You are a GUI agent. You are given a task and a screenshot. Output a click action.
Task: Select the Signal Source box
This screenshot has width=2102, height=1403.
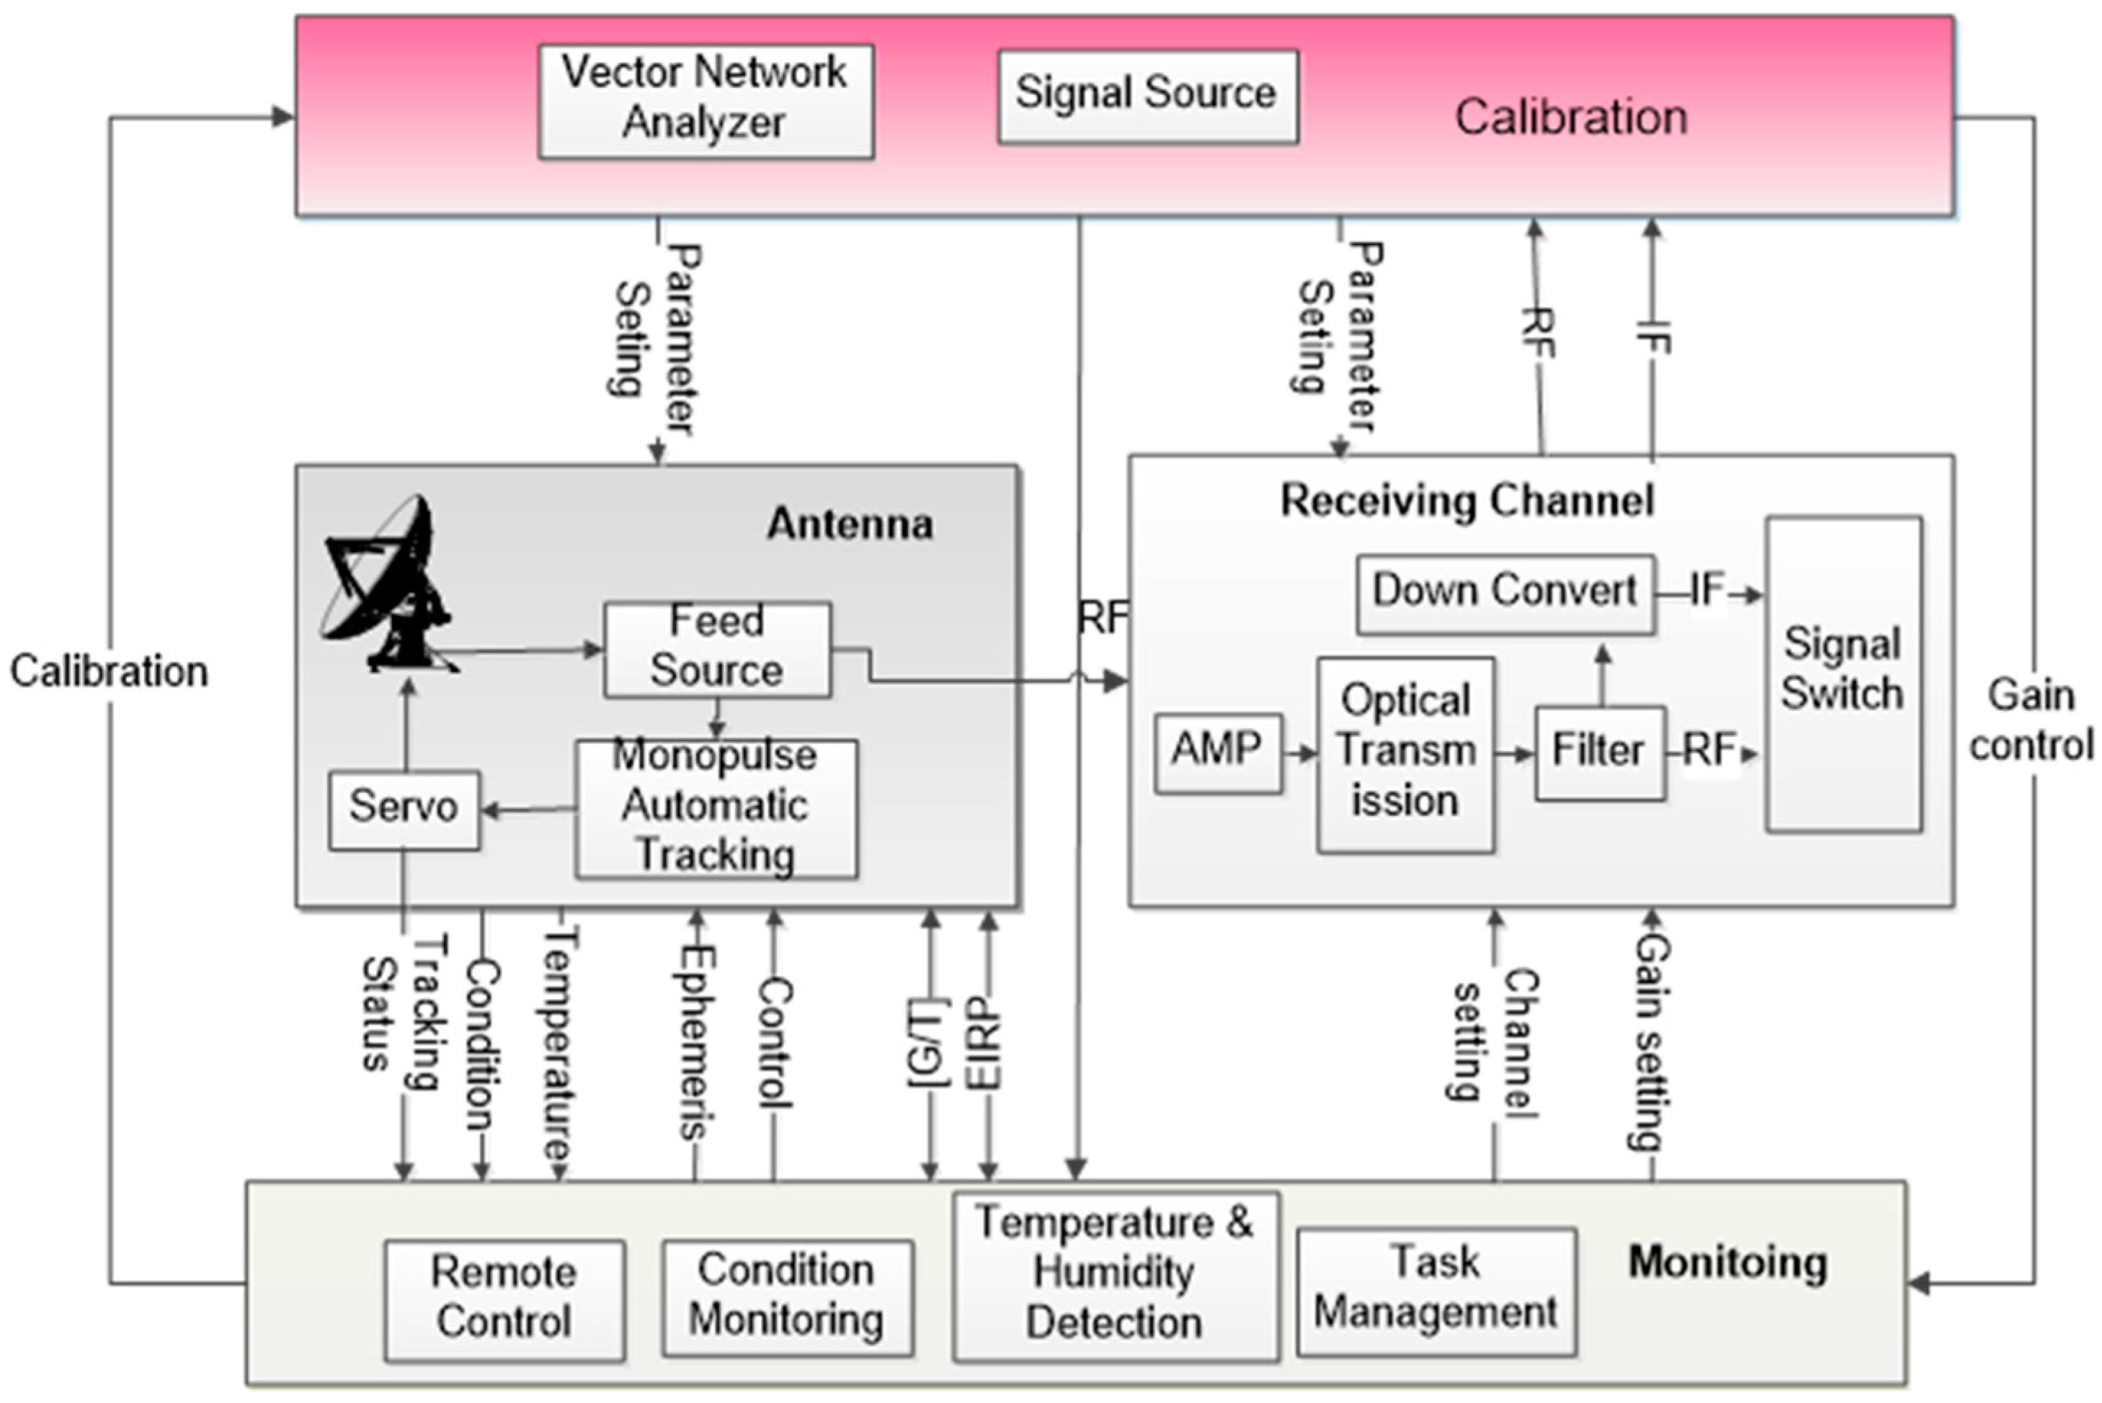[1148, 96]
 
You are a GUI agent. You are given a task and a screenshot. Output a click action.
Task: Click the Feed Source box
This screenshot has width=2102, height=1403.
[717, 649]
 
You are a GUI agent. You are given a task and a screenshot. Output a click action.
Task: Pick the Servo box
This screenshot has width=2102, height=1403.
[404, 810]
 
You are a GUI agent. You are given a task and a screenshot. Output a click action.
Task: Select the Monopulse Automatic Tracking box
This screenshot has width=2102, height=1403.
[716, 808]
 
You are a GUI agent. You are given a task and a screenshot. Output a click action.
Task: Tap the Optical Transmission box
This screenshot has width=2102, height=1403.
[1405, 754]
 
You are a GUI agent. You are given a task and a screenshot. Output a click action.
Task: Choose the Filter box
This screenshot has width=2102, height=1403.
[1600, 753]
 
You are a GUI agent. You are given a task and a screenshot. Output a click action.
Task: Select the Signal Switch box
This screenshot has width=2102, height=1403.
[1843, 673]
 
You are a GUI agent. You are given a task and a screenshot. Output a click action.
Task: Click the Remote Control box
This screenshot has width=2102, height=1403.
[504, 1300]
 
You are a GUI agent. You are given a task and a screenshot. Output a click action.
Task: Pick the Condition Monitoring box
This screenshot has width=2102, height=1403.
[787, 1297]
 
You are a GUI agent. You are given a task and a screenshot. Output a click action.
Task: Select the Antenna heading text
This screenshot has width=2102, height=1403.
[850, 524]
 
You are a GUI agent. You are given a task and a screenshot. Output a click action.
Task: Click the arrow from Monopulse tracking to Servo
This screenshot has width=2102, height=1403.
[529, 811]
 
